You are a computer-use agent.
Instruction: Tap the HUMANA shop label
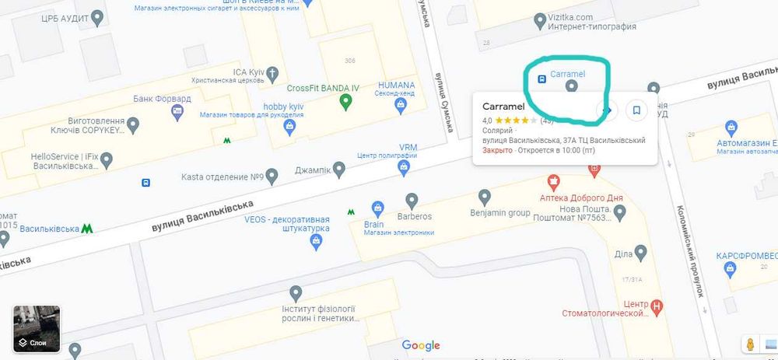click(x=395, y=85)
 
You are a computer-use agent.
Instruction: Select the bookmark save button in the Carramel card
click(x=636, y=110)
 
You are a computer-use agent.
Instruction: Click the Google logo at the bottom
click(x=421, y=345)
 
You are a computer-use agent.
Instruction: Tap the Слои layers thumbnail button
click(x=37, y=329)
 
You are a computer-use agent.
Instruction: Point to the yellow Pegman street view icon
click(x=750, y=344)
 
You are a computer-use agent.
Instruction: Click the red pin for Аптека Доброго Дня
click(x=554, y=183)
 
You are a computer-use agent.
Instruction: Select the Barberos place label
click(x=415, y=216)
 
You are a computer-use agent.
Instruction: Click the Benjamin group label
click(x=499, y=212)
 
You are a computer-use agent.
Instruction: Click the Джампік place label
click(x=313, y=170)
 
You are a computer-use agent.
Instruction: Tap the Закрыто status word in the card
click(x=498, y=149)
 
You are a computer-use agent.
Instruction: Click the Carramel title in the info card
click(x=503, y=107)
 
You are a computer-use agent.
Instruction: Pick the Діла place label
click(x=623, y=253)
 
